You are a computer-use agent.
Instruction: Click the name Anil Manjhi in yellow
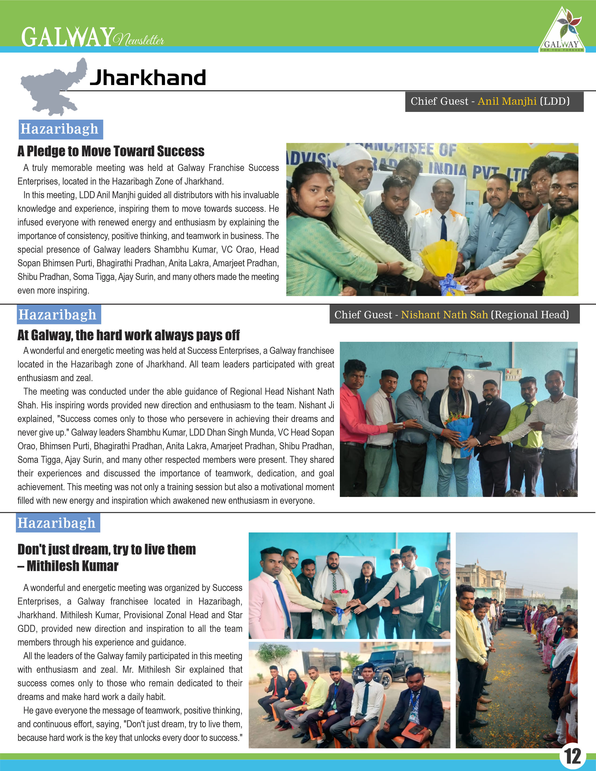tap(507, 101)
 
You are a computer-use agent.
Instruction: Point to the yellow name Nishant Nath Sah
tap(444, 314)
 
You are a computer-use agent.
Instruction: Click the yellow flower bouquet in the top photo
tap(439, 258)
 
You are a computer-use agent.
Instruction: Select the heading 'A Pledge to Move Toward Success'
tap(111, 151)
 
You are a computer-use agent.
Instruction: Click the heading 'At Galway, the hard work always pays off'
tap(129, 335)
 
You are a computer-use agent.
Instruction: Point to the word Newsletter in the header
tap(139, 40)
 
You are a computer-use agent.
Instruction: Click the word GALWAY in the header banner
tap(68, 37)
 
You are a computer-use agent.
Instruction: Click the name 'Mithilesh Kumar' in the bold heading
tap(72, 566)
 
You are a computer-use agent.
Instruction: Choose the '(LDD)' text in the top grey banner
tap(555, 101)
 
